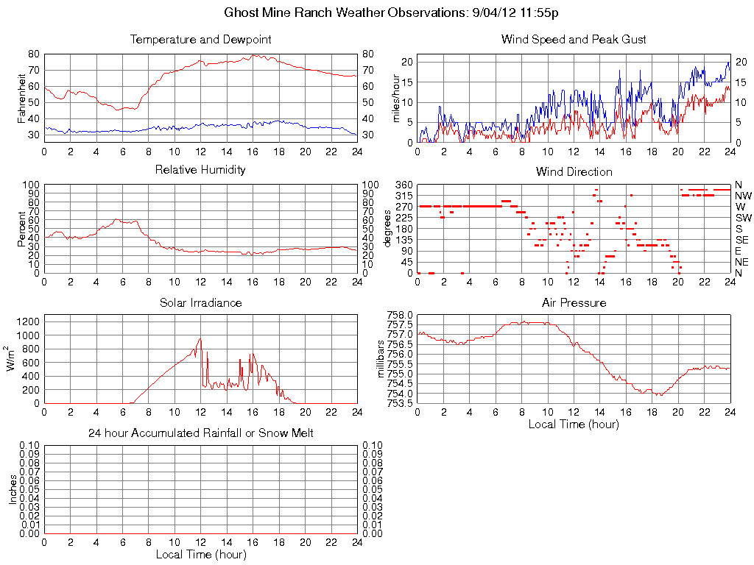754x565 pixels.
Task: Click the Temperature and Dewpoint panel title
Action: click(x=200, y=39)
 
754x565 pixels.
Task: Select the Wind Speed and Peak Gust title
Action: click(x=574, y=39)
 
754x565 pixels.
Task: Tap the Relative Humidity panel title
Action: click(x=200, y=170)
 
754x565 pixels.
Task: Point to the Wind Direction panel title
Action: click(x=574, y=171)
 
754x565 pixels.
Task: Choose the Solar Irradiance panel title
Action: click(x=200, y=302)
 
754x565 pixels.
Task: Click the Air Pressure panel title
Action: click(x=574, y=302)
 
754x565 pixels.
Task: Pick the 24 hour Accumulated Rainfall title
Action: click(x=200, y=433)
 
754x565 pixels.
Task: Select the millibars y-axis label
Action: click(x=381, y=359)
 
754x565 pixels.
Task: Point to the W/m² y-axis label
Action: click(x=12, y=359)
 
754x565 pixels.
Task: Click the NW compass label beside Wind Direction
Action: click(x=742, y=196)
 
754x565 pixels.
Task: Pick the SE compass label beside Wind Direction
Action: click(x=741, y=240)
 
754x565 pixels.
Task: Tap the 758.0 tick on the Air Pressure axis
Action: click(x=401, y=315)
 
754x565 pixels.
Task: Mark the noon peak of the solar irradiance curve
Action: click(x=200, y=338)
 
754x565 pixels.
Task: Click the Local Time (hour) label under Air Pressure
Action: click(x=574, y=424)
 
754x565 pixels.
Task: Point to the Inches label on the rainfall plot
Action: click(x=13, y=489)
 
